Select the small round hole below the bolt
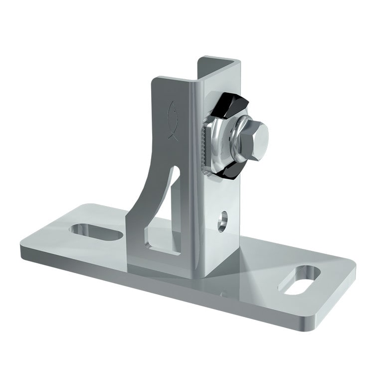coord(222,221)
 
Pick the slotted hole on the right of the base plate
coord(303,280)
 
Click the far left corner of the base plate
coord(23,247)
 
